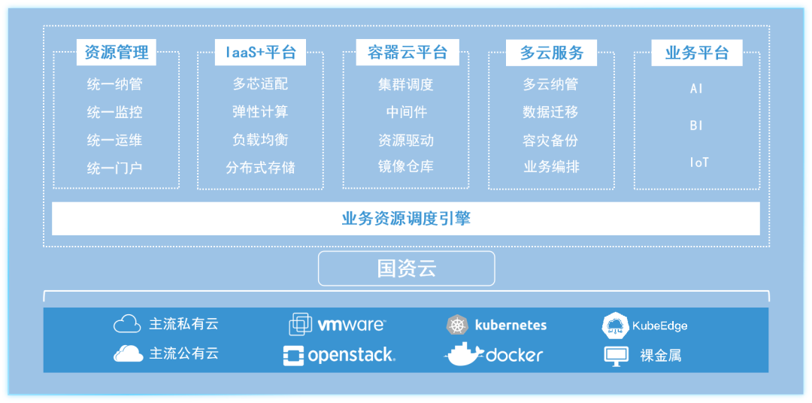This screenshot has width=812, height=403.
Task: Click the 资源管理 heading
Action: point(116,53)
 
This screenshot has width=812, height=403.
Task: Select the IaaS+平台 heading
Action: point(260,53)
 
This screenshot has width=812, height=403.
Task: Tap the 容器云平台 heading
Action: point(407,53)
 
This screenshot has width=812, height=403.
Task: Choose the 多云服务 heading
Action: point(551,53)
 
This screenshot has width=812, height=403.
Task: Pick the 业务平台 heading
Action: point(696,53)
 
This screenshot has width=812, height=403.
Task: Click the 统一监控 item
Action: point(114,113)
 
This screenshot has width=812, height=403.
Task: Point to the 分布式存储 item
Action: point(260,168)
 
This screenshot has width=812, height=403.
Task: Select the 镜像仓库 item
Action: point(406,167)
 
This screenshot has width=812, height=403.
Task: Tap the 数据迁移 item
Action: point(551,113)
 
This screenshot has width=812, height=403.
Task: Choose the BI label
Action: point(697,126)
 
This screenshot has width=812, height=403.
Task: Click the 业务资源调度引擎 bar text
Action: point(406,219)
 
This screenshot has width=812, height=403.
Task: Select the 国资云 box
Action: point(406,268)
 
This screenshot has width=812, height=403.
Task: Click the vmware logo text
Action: point(351,325)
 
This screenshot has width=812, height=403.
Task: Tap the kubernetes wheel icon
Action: point(456,326)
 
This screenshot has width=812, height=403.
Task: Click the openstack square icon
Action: point(293,355)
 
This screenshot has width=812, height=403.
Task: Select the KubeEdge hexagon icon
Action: point(616,326)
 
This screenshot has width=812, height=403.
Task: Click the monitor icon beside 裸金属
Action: point(617,355)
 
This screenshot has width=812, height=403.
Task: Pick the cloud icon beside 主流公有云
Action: point(128,353)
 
